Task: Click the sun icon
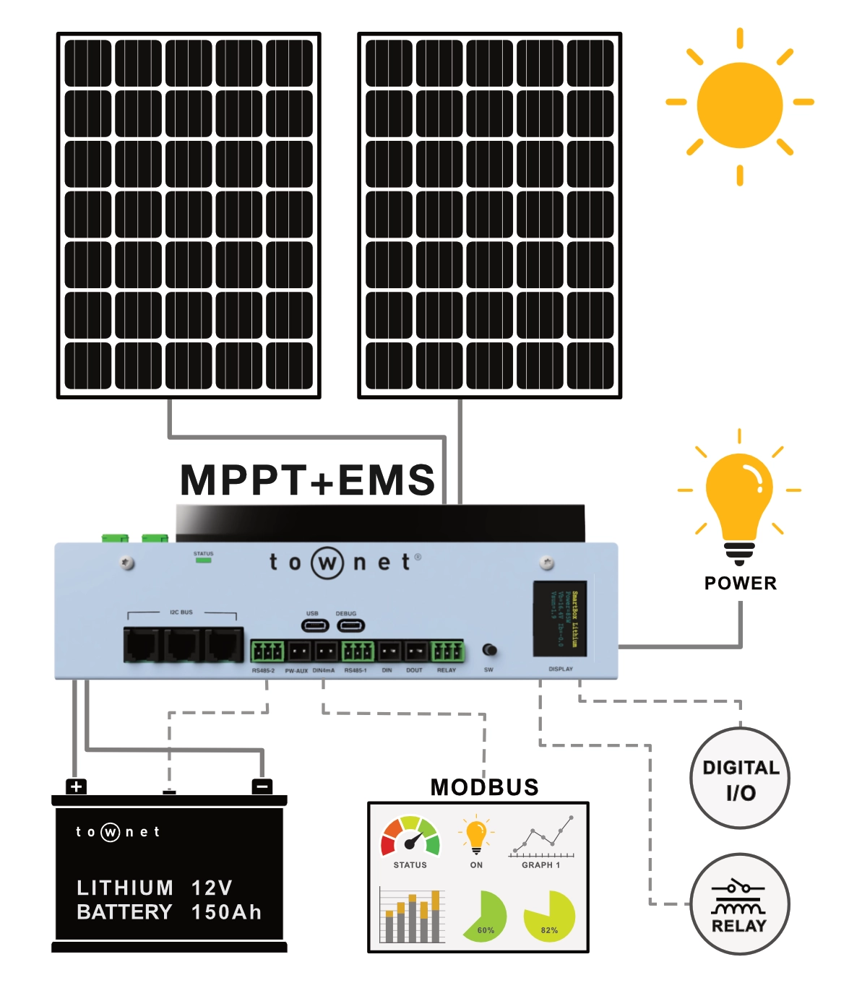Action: tap(739, 105)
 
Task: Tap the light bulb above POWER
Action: tap(738, 499)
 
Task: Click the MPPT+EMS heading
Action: tap(308, 480)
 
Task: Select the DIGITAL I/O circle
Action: tap(740, 779)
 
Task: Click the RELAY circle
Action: tap(740, 904)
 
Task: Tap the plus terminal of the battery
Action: tap(76, 786)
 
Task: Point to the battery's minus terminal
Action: tap(262, 786)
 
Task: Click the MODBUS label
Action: tap(484, 787)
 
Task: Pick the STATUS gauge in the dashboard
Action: tap(410, 837)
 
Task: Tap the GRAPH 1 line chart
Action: tap(542, 838)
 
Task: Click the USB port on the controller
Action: tap(314, 625)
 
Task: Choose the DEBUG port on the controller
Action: tap(350, 625)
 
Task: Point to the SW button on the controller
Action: tap(489, 650)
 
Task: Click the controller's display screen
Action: tap(560, 618)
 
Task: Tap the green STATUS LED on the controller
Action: tap(204, 560)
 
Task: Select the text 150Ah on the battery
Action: tap(226, 912)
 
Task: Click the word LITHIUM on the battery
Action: tap(125, 888)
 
